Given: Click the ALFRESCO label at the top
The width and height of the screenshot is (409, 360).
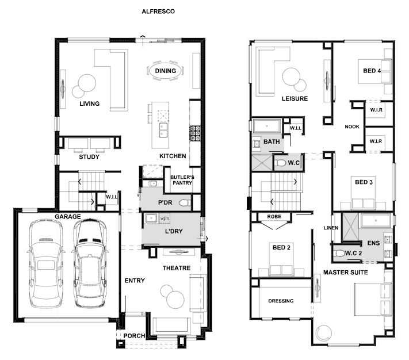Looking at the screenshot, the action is pyautogui.click(x=158, y=12).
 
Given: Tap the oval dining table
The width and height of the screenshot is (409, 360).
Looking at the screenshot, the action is pyautogui.click(x=165, y=71).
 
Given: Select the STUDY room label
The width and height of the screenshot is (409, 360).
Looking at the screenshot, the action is pyautogui.click(x=89, y=157).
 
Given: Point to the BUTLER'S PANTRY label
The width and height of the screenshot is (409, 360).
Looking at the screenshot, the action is pyautogui.click(x=182, y=180).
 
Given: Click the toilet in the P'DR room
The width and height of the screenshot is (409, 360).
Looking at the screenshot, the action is pyautogui.click(x=185, y=203).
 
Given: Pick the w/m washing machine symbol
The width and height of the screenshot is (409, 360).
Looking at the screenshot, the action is pyautogui.click(x=165, y=219).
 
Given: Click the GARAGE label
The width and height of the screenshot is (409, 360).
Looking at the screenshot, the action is pyautogui.click(x=67, y=217).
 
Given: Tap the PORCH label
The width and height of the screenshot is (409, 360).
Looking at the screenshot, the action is pyautogui.click(x=134, y=336).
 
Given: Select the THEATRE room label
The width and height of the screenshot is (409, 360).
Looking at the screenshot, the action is pyautogui.click(x=177, y=268).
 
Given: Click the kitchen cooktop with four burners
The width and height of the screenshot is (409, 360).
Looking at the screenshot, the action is pyautogui.click(x=195, y=133).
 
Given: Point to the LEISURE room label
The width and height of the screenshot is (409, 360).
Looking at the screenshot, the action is pyautogui.click(x=295, y=98).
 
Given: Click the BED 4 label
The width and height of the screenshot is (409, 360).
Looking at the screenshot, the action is pyautogui.click(x=372, y=71).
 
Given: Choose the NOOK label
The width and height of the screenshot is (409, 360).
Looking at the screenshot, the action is pyautogui.click(x=352, y=127).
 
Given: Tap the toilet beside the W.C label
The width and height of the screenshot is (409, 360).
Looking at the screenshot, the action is pyautogui.click(x=280, y=163).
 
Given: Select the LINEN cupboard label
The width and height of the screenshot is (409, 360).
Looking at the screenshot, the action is pyautogui.click(x=331, y=228).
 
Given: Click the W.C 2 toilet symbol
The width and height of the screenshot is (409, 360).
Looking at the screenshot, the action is pyautogui.click(x=339, y=253).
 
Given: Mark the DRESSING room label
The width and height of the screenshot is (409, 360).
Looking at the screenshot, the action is pyautogui.click(x=281, y=301).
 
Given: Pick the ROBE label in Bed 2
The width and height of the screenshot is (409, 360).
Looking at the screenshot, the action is pyautogui.click(x=274, y=217).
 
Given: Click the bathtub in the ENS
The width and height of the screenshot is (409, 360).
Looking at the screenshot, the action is pyautogui.click(x=376, y=221).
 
